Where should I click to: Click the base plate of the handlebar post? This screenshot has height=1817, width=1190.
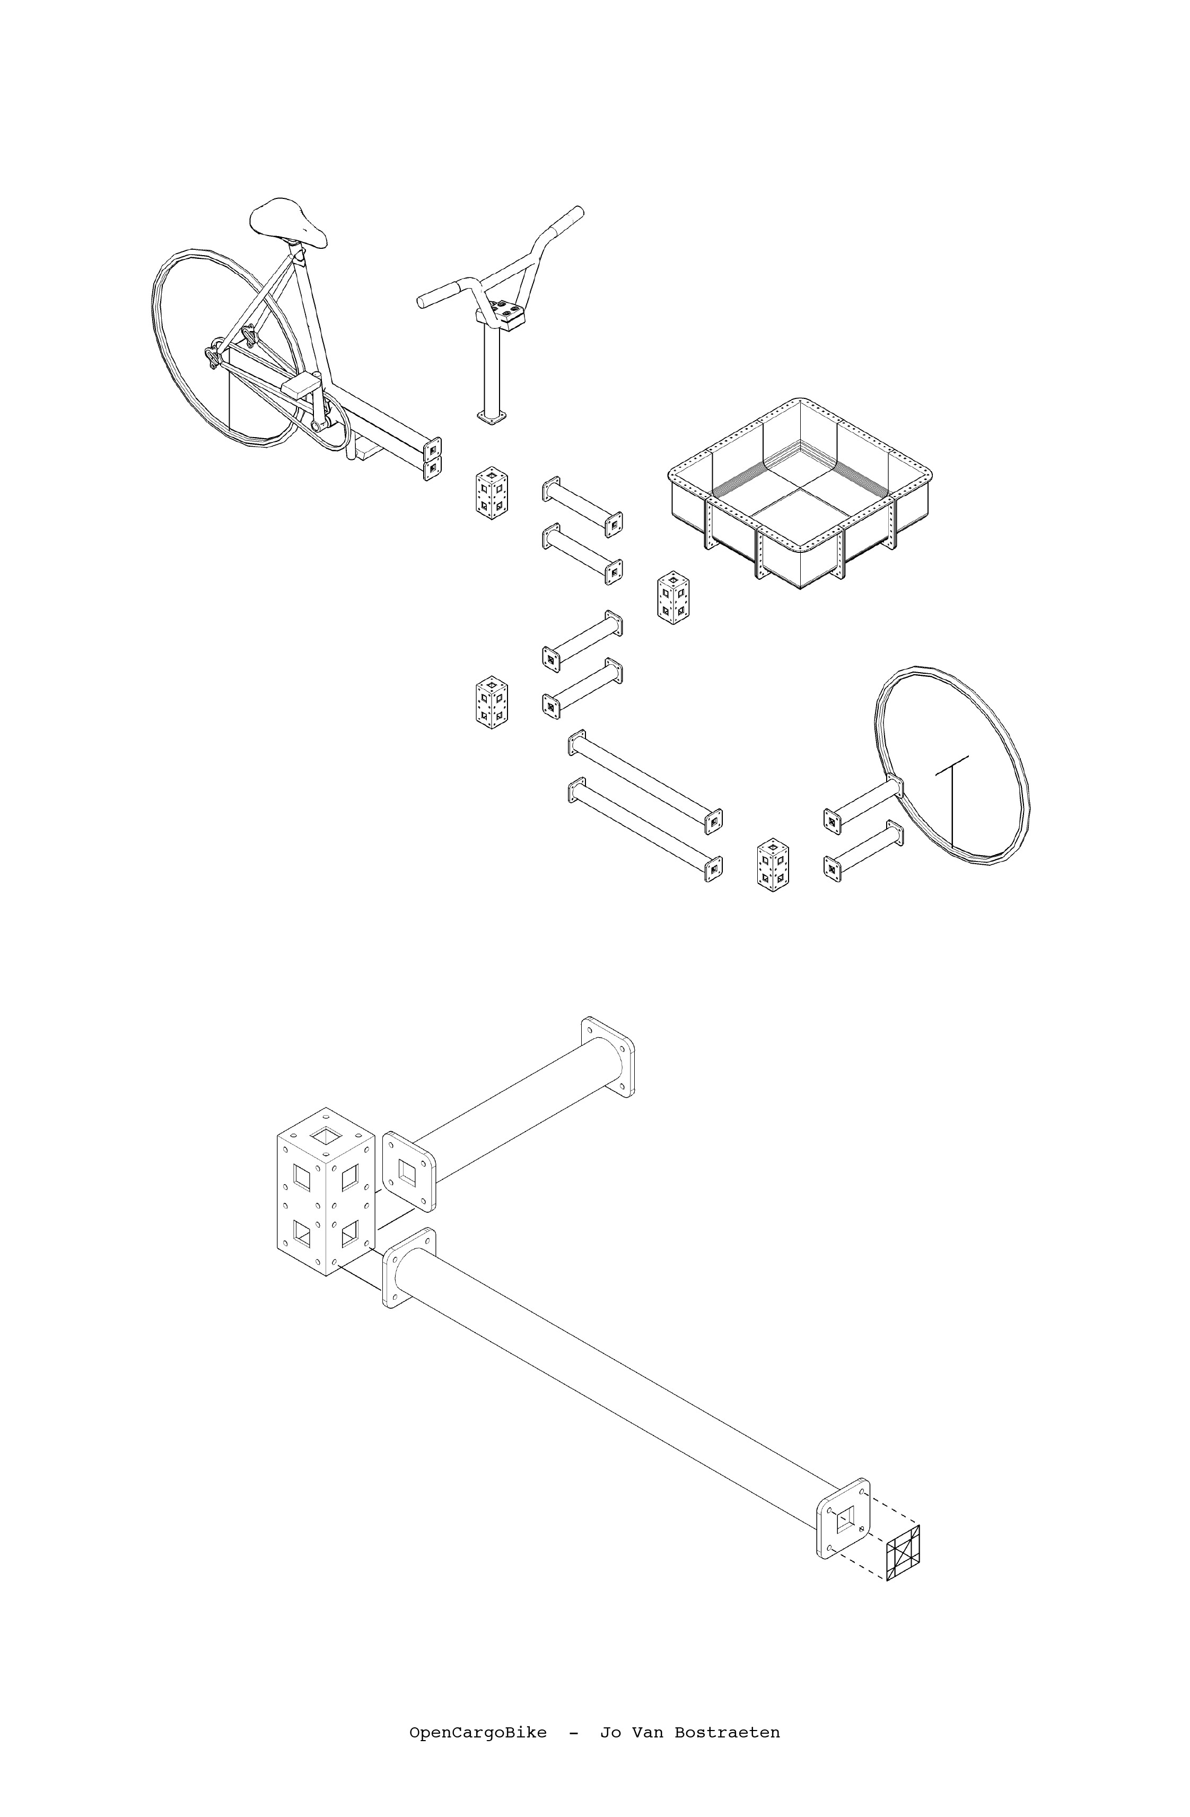coord(492,417)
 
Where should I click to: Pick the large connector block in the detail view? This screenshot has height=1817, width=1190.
coord(325,1191)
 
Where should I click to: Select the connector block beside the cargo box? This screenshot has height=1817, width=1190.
coord(674,597)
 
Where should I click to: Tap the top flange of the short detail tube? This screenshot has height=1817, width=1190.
coord(608,1057)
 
